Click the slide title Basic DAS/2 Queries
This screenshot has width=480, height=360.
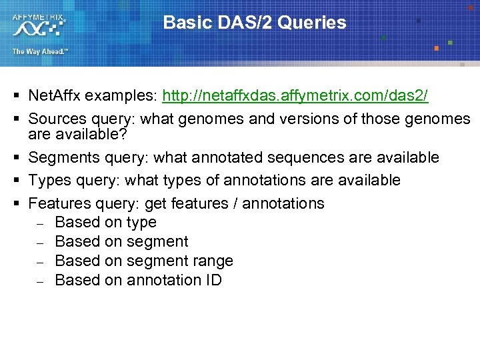255,23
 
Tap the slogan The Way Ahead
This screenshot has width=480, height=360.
39,51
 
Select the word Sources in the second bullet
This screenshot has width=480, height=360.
57,119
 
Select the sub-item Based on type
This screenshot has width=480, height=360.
105,222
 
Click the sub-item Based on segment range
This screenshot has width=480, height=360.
143,261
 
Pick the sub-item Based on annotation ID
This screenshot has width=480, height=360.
138,280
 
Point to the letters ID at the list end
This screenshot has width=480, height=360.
213,280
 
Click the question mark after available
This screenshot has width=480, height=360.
122,135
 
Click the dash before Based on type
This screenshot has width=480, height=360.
40,223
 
